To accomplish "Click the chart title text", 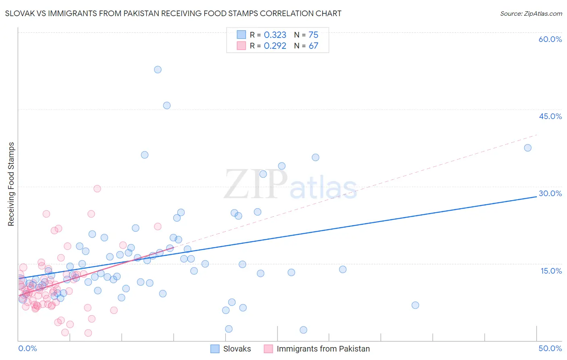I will (x=173, y=13).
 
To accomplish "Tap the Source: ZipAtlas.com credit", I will (x=531, y=13).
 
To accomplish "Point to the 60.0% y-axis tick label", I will (x=550, y=39).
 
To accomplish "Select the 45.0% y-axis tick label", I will (x=550, y=116).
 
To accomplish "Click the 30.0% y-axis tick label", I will (x=550, y=193).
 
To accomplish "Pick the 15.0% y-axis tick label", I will (x=551, y=271).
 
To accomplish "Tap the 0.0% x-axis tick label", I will (x=27, y=348).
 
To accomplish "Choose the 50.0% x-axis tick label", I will (x=550, y=348).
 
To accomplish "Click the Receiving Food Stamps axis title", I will (x=11, y=184).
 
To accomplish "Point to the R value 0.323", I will (x=275, y=35).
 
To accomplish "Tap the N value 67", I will (x=313, y=46).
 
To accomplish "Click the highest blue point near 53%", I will (x=158, y=69).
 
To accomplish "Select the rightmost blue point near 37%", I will (x=527, y=148).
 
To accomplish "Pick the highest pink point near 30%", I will (x=97, y=188).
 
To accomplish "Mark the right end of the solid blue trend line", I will (x=537, y=196).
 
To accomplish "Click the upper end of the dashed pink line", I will (x=537, y=135).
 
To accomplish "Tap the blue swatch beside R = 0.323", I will (x=241, y=35).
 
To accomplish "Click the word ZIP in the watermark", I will (x=256, y=184).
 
